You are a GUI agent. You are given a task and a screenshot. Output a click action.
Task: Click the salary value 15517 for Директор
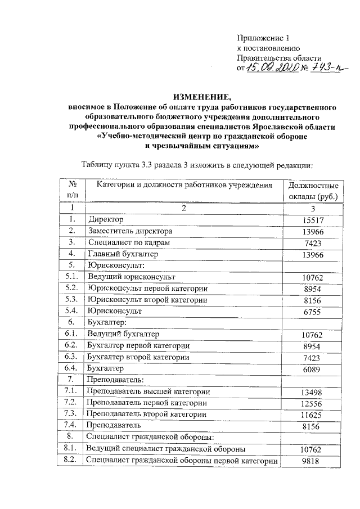click(312, 219)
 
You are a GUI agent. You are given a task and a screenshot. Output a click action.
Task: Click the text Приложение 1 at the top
click(262, 39)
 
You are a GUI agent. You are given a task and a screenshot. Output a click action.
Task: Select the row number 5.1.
click(71, 277)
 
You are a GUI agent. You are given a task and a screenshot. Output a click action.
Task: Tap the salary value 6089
click(312, 370)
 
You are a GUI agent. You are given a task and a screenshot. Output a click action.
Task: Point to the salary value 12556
click(312, 404)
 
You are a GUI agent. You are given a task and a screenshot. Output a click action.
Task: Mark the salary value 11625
click(312, 415)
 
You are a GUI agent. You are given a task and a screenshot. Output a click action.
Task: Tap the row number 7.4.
click(71, 426)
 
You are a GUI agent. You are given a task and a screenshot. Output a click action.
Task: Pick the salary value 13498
click(312, 392)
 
